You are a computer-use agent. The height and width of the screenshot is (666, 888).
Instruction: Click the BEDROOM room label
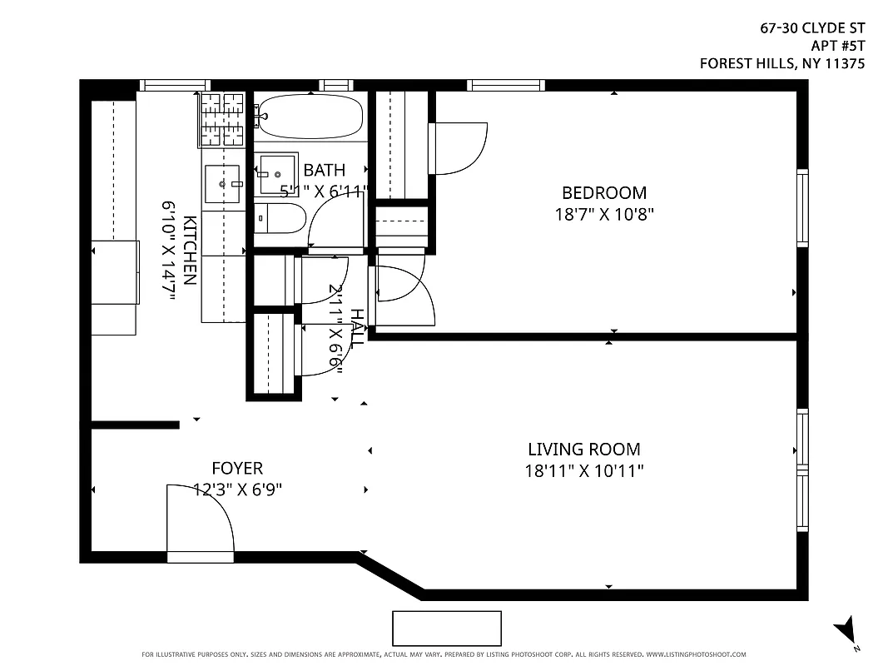coord(604,192)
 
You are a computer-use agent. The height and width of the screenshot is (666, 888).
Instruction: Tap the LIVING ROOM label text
coord(584,450)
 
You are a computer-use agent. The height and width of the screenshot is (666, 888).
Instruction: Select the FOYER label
coord(237,469)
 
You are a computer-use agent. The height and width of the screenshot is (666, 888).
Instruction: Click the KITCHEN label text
coord(190,251)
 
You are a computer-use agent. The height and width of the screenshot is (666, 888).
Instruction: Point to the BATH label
coord(324,170)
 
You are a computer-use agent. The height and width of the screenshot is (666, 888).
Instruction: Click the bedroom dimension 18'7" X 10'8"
coord(604,214)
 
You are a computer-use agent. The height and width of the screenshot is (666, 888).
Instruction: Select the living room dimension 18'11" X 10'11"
coord(584,471)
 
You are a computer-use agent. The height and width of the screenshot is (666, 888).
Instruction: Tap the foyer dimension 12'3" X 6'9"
coord(237,490)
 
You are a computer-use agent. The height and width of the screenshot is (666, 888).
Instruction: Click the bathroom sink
coord(275,173)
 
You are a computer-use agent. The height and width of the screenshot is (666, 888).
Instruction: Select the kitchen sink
coord(223,182)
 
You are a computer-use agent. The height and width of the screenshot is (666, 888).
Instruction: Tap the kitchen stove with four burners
coord(222,119)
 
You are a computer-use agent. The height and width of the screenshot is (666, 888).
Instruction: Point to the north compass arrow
coord(846,629)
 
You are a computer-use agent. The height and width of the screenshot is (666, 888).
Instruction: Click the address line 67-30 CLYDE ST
coord(812,28)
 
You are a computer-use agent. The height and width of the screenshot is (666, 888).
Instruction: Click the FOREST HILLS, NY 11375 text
coord(781,63)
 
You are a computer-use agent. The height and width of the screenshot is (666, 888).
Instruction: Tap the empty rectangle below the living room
coord(447,629)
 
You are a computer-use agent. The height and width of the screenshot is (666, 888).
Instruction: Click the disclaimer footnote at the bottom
coord(444,655)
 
